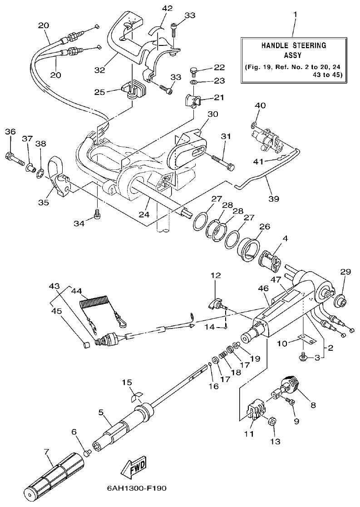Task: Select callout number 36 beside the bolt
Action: click(10, 132)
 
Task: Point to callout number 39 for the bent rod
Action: click(274, 199)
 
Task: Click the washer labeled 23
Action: click(193, 82)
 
